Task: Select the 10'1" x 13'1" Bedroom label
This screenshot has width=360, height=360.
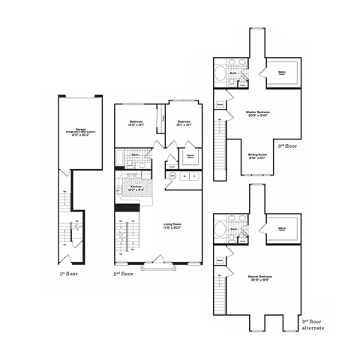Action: [x=184, y=124]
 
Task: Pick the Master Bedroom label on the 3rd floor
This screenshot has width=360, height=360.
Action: [x=257, y=114]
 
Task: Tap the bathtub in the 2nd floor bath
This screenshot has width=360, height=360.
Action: [x=119, y=156]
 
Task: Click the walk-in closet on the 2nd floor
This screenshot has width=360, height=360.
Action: [x=190, y=157]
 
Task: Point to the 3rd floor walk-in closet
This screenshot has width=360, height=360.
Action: [x=282, y=73]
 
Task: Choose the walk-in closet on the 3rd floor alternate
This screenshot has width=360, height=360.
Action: [x=282, y=230]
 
